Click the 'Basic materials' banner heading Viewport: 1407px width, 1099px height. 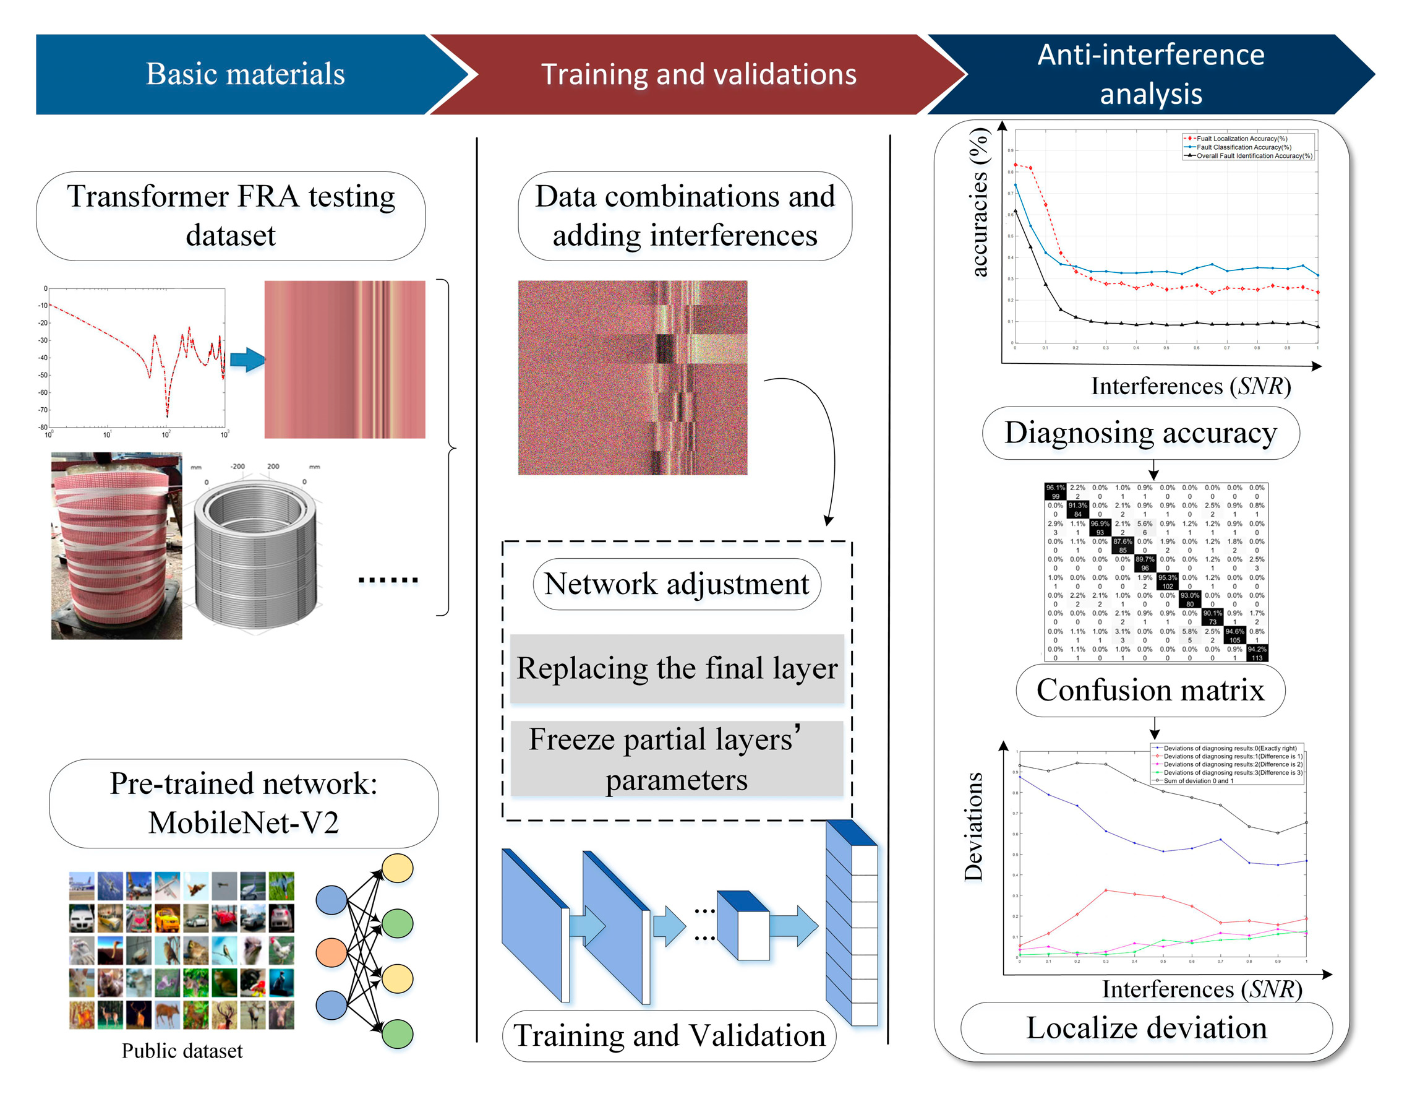coord(245,74)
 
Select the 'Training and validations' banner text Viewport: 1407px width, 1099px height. coord(698,74)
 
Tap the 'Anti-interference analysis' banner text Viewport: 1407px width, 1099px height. coord(1150,74)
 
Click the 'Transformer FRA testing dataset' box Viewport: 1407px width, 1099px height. coord(231,216)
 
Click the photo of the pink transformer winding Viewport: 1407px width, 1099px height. coord(116,545)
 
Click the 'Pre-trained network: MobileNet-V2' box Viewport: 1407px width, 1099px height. coord(244,803)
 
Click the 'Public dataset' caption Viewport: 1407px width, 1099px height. coord(182,1051)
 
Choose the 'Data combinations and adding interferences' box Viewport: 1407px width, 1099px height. coord(684,216)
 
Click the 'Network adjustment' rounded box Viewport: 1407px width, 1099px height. coord(677,584)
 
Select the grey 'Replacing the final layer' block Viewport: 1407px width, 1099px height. coord(677,668)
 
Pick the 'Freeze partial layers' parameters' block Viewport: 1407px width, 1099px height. coord(677,759)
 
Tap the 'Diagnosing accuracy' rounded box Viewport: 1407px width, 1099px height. coord(1140,433)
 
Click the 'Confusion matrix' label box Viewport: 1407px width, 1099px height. coord(1150,691)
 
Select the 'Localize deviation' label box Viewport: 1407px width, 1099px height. coord(1146,1028)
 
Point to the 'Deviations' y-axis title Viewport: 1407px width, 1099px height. coord(973,826)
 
